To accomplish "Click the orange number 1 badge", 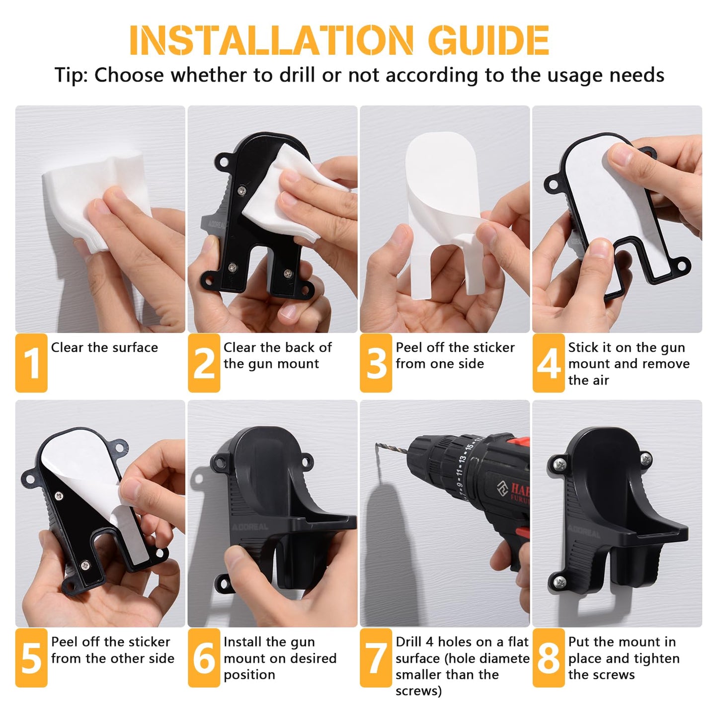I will point(31,363).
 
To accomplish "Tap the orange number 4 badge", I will point(549,363).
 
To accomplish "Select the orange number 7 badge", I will point(376,658).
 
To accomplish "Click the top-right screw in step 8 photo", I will point(645,459).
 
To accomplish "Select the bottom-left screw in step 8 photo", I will point(560,582).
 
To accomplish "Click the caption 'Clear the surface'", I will point(104,347).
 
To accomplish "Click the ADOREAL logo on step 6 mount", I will point(249,527).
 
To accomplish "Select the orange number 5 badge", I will point(31,658).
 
